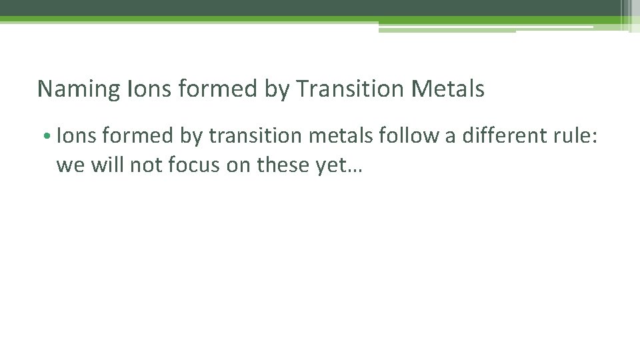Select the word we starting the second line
[x=68, y=165]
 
